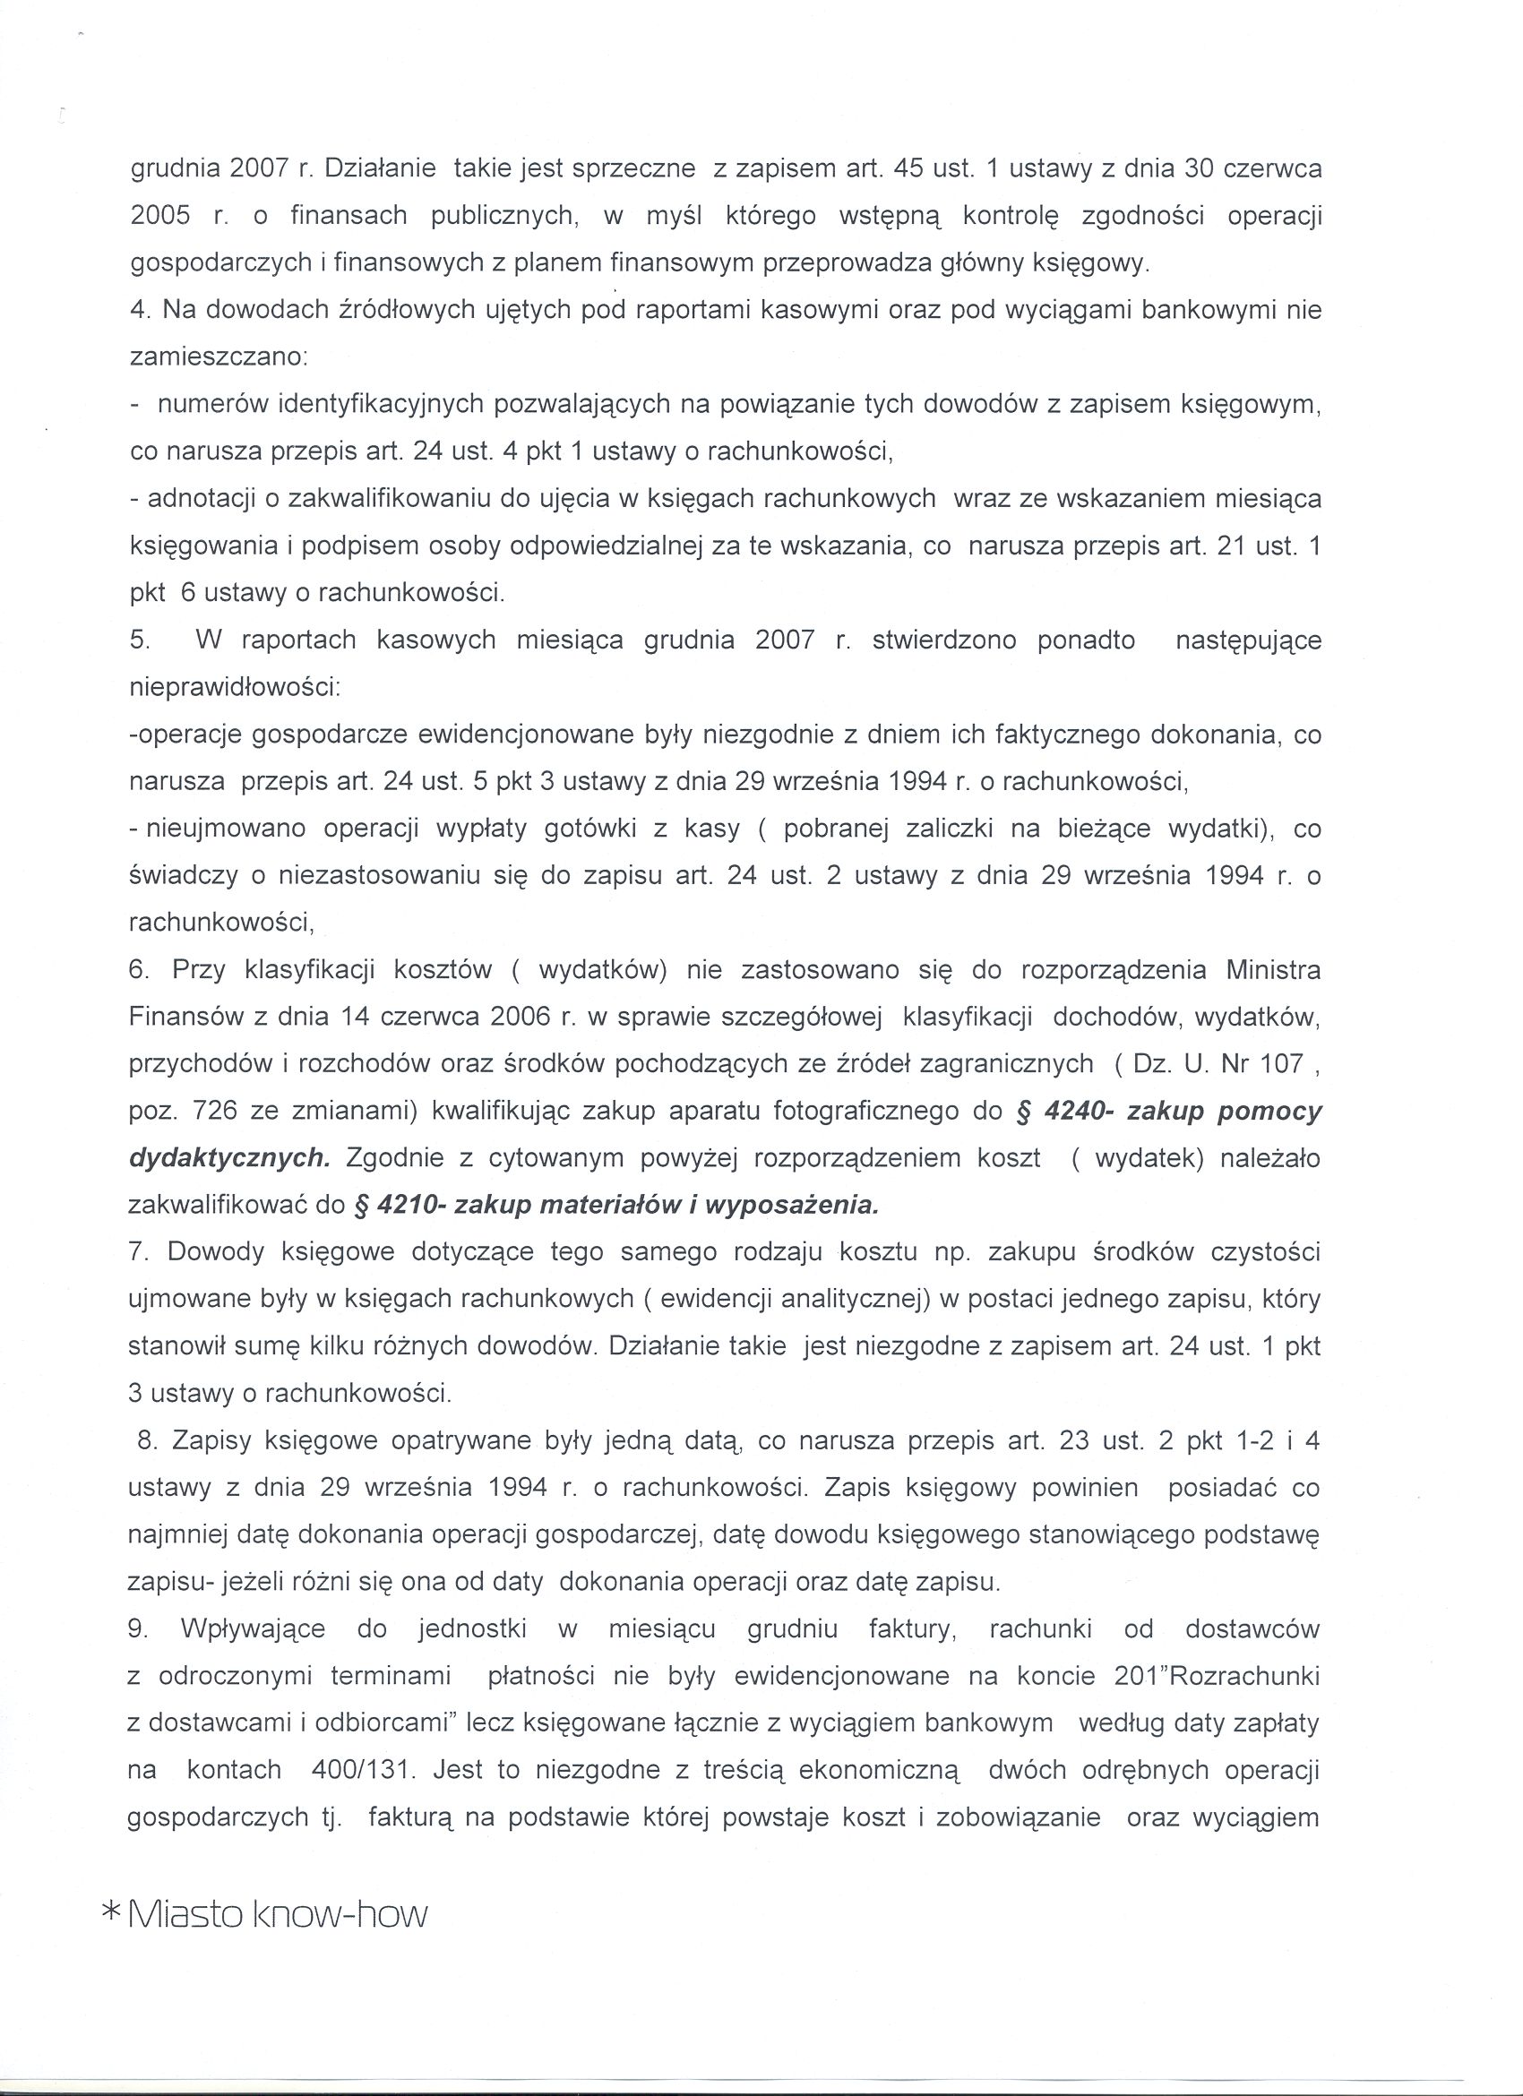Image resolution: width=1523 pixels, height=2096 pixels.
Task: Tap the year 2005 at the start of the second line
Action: (159, 216)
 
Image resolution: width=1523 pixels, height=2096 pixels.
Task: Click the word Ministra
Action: (1272, 970)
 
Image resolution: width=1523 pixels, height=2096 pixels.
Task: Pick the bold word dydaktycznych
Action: (228, 1159)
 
